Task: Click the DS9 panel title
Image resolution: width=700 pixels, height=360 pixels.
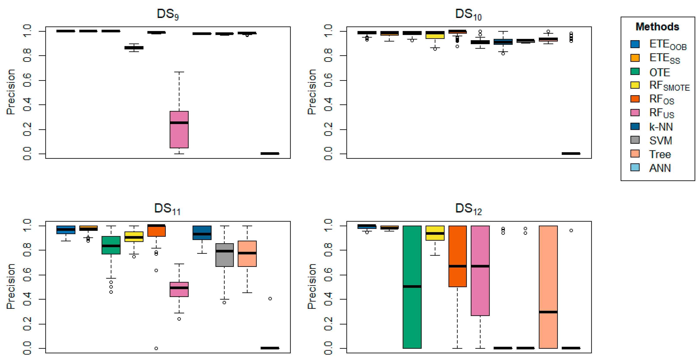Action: coord(168,14)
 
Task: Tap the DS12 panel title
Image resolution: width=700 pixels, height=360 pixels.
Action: coord(468,209)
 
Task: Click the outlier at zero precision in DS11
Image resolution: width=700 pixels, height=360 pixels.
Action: coord(156,348)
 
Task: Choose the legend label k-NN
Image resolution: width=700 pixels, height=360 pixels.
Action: coord(661,127)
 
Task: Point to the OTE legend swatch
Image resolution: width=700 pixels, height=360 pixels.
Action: coord(635,72)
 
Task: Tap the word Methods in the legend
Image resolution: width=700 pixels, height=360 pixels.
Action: coord(657,27)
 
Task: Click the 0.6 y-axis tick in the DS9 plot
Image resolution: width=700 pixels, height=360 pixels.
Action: coord(27,80)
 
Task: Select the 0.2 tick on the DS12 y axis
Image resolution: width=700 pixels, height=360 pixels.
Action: coord(328,324)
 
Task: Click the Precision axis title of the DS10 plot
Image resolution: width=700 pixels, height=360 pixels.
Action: coord(312,92)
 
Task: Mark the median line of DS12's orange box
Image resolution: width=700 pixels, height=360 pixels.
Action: coord(457,266)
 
